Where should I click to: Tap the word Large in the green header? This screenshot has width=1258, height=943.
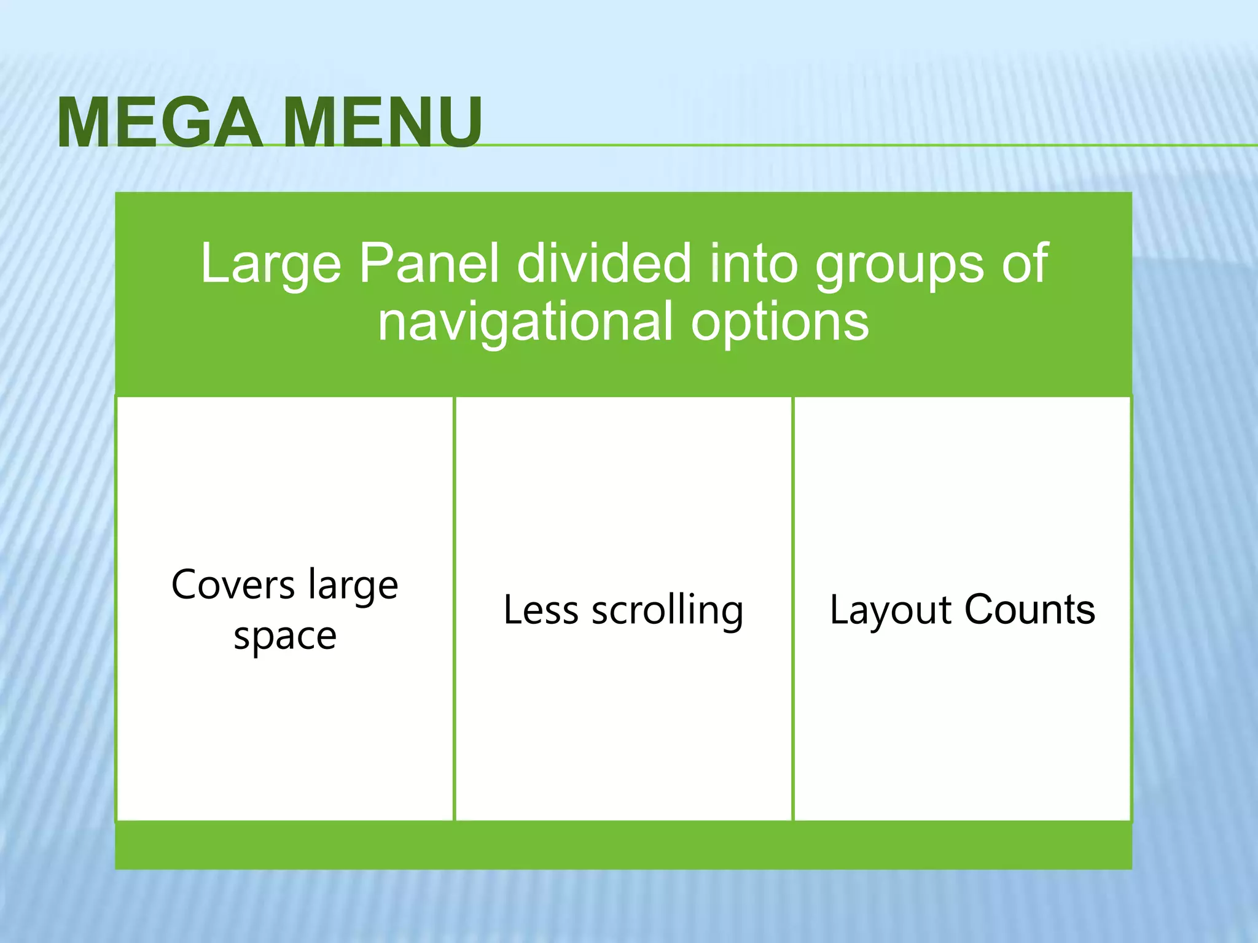tap(270, 264)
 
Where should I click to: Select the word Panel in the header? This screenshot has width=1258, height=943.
tap(428, 264)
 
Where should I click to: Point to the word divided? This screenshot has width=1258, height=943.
tap(604, 264)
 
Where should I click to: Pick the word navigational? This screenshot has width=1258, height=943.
tap(525, 322)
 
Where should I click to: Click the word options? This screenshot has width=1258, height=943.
tap(779, 323)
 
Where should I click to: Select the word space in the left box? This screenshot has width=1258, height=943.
tap(285, 637)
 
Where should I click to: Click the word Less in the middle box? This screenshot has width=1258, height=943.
tap(541, 610)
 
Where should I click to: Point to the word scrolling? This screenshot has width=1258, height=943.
tap(667, 611)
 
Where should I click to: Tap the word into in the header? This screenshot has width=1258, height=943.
tap(754, 264)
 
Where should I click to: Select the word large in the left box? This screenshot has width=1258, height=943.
tap(353, 586)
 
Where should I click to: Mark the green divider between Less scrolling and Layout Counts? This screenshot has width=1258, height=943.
tap(793, 608)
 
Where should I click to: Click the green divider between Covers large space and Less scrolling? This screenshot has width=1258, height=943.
tap(454, 608)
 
